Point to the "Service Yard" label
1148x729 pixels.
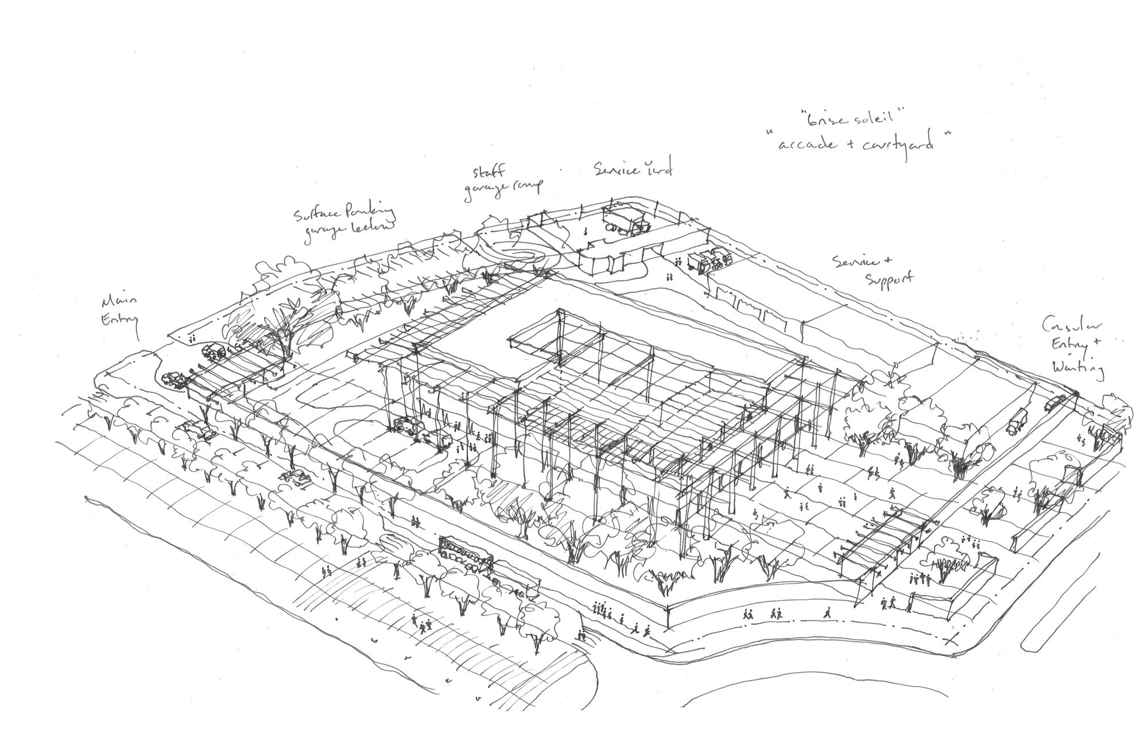click(x=633, y=169)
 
